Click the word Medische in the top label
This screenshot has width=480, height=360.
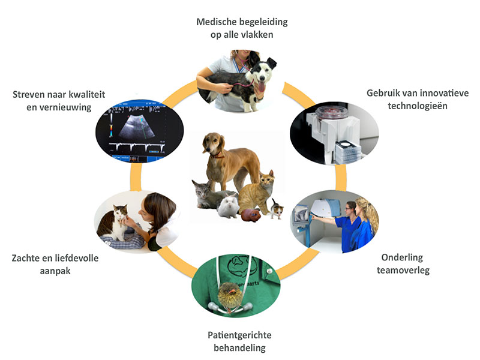point(217,22)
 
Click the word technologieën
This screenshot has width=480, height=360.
point(418,106)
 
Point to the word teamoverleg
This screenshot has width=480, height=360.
point(403,271)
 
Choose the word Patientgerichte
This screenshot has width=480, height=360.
point(239,335)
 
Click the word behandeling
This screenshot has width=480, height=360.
point(239,348)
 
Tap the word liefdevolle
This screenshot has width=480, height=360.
point(77,258)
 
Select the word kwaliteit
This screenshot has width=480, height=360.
point(86,94)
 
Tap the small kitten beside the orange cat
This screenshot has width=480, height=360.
point(277,209)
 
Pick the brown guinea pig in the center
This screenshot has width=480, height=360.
point(251,215)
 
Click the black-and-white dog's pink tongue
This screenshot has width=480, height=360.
point(262,87)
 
